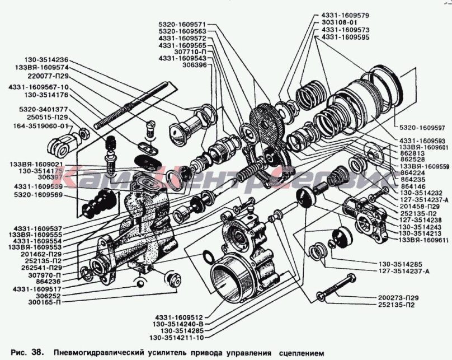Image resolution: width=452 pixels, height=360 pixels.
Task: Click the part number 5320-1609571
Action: click(x=182, y=25)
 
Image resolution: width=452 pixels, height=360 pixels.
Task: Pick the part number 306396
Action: click(x=191, y=65)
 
